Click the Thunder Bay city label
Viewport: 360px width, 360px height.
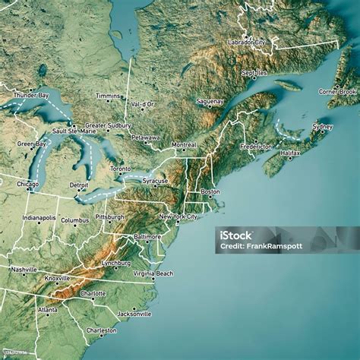point(31,96)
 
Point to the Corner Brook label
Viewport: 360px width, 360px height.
point(337,92)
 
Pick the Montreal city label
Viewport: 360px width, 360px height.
point(184,144)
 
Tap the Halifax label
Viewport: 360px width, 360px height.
point(290,153)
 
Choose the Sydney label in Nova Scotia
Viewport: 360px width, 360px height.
point(322,126)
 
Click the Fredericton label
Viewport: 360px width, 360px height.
point(256,146)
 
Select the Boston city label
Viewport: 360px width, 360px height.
point(210,191)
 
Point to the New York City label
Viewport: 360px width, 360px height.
point(178,217)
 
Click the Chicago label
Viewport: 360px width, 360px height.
point(27,184)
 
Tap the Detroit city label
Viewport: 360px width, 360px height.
point(78,185)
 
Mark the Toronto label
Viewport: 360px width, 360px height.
point(120,169)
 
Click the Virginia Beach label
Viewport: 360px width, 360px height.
point(153,273)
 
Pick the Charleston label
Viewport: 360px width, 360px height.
point(101,331)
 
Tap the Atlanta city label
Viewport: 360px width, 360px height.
point(47,310)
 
